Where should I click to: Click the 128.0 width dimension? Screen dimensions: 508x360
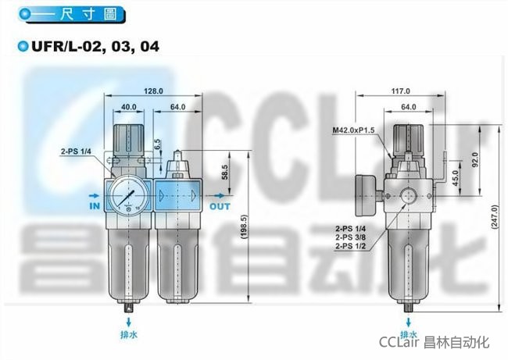(153, 91)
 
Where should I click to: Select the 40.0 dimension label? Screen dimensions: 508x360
(129, 107)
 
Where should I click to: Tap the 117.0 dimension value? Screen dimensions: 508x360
(400, 91)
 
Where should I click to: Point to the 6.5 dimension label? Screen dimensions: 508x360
(157, 144)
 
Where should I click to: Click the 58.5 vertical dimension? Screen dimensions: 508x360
(225, 172)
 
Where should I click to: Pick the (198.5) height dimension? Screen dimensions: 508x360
(245, 227)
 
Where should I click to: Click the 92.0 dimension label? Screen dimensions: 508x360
(475, 159)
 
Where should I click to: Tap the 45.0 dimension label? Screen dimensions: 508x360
(456, 178)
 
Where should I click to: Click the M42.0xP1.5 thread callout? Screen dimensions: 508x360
(353, 130)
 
